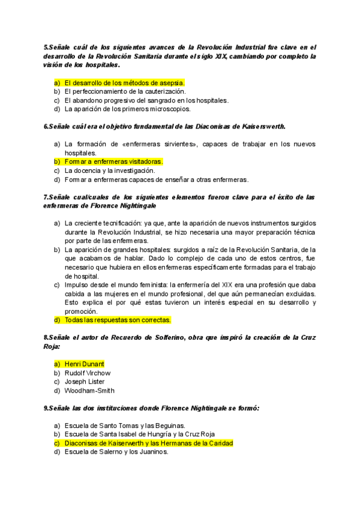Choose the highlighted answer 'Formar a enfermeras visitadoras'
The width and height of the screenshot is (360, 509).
(x=113, y=161)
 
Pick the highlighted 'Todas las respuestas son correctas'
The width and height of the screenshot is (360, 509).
(x=121, y=320)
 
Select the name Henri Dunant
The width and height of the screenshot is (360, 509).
(x=84, y=364)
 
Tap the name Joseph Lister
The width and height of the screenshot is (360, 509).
(x=85, y=382)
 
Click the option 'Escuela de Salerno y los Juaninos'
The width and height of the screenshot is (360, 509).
(x=116, y=452)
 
